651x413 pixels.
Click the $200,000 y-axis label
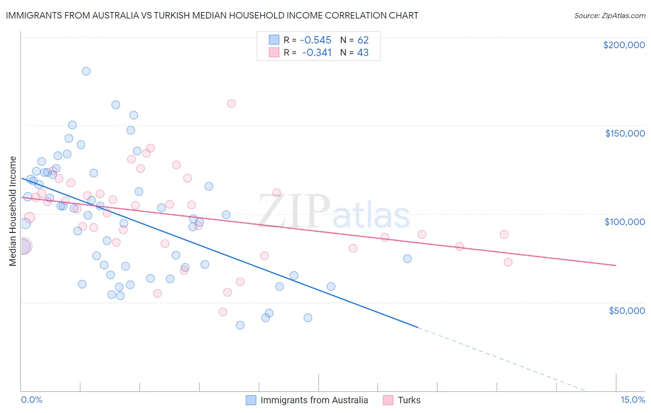click(624, 45)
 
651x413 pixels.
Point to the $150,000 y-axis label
click(625, 133)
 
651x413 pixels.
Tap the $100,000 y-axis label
click(625, 222)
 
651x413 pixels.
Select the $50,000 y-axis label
click(626, 310)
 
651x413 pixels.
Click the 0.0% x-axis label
click(31, 400)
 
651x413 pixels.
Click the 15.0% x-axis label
click(632, 400)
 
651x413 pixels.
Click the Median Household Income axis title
click(13, 211)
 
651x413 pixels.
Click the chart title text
click(212, 15)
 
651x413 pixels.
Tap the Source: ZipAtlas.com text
click(609, 15)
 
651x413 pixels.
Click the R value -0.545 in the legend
click(315, 40)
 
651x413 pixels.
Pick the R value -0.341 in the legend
click(317, 52)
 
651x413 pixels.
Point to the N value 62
click(363, 40)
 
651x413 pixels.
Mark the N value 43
click(363, 52)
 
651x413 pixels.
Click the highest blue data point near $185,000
click(86, 71)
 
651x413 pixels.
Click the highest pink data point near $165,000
click(232, 104)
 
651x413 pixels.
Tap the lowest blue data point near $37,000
click(240, 325)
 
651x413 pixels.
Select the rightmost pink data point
click(508, 262)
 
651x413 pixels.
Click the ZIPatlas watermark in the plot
click(334, 212)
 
